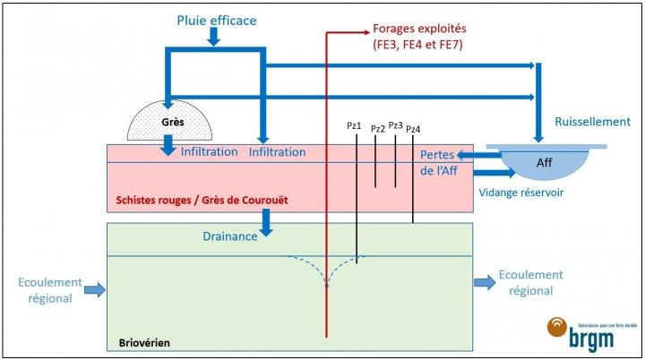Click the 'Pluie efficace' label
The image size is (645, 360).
coord(216,19)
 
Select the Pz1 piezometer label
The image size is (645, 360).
coord(355,126)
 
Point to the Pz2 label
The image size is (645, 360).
coord(378,129)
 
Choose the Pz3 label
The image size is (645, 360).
coord(396,125)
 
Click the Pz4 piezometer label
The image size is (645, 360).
coord(413,129)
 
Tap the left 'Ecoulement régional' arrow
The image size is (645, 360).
coord(94,289)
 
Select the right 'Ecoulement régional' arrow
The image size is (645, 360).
coord(482,282)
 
